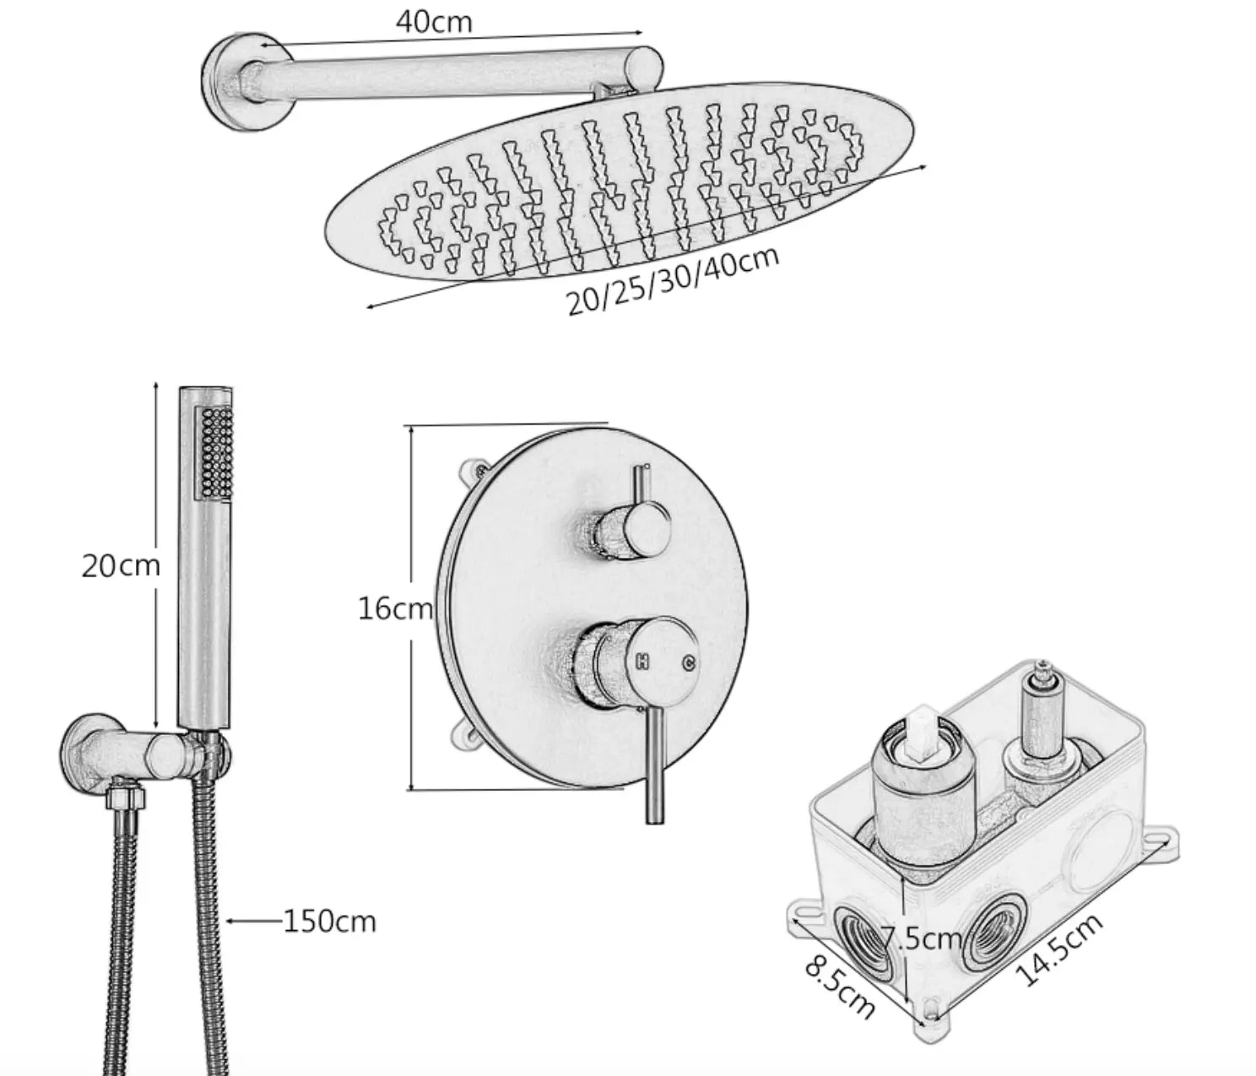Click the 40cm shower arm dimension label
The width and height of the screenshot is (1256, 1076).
coord(434,23)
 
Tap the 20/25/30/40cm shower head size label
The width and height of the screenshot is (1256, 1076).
coord(672,279)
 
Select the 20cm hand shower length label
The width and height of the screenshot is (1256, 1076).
coord(120,565)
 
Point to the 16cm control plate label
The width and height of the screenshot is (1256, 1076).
coord(394,608)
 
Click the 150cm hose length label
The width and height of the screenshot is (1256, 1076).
coord(328,921)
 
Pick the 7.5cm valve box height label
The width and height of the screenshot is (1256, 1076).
coord(921,938)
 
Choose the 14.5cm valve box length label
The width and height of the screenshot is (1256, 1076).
coord(1059,950)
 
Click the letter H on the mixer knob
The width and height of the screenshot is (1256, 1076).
coord(641,662)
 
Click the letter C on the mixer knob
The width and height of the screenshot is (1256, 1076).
coord(688,662)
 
